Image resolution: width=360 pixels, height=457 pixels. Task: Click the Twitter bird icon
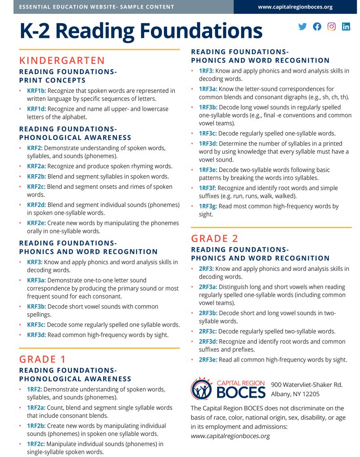pyautogui.click(x=302, y=26)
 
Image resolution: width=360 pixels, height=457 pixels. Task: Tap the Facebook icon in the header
pyautogui.click(x=317, y=26)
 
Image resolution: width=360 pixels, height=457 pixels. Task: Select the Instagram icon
pyautogui.click(x=331, y=26)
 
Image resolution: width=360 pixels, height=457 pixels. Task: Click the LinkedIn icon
pyautogui.click(x=346, y=26)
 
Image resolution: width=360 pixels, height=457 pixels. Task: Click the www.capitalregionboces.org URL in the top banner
pyautogui.click(x=295, y=7)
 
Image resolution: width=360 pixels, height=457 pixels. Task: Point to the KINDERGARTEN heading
pyautogui.click(x=62, y=60)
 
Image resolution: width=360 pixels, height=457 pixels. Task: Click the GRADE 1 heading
pyautogui.click(x=44, y=359)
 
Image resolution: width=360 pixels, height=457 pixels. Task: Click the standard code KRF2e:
pyautogui.click(x=36, y=223)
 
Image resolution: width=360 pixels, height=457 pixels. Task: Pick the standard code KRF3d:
pyautogui.click(x=36, y=335)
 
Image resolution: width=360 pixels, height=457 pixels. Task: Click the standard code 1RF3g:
pyautogui.click(x=207, y=206)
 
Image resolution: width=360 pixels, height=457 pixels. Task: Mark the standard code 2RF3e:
pyautogui.click(x=208, y=359)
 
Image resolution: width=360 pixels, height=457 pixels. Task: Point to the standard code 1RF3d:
pyautogui.click(x=208, y=143)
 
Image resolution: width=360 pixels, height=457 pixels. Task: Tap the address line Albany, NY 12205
pyautogui.click(x=295, y=394)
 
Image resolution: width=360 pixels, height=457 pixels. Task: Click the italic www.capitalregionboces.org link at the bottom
pyautogui.click(x=230, y=436)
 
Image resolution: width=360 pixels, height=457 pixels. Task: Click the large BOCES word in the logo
pyautogui.click(x=241, y=392)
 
